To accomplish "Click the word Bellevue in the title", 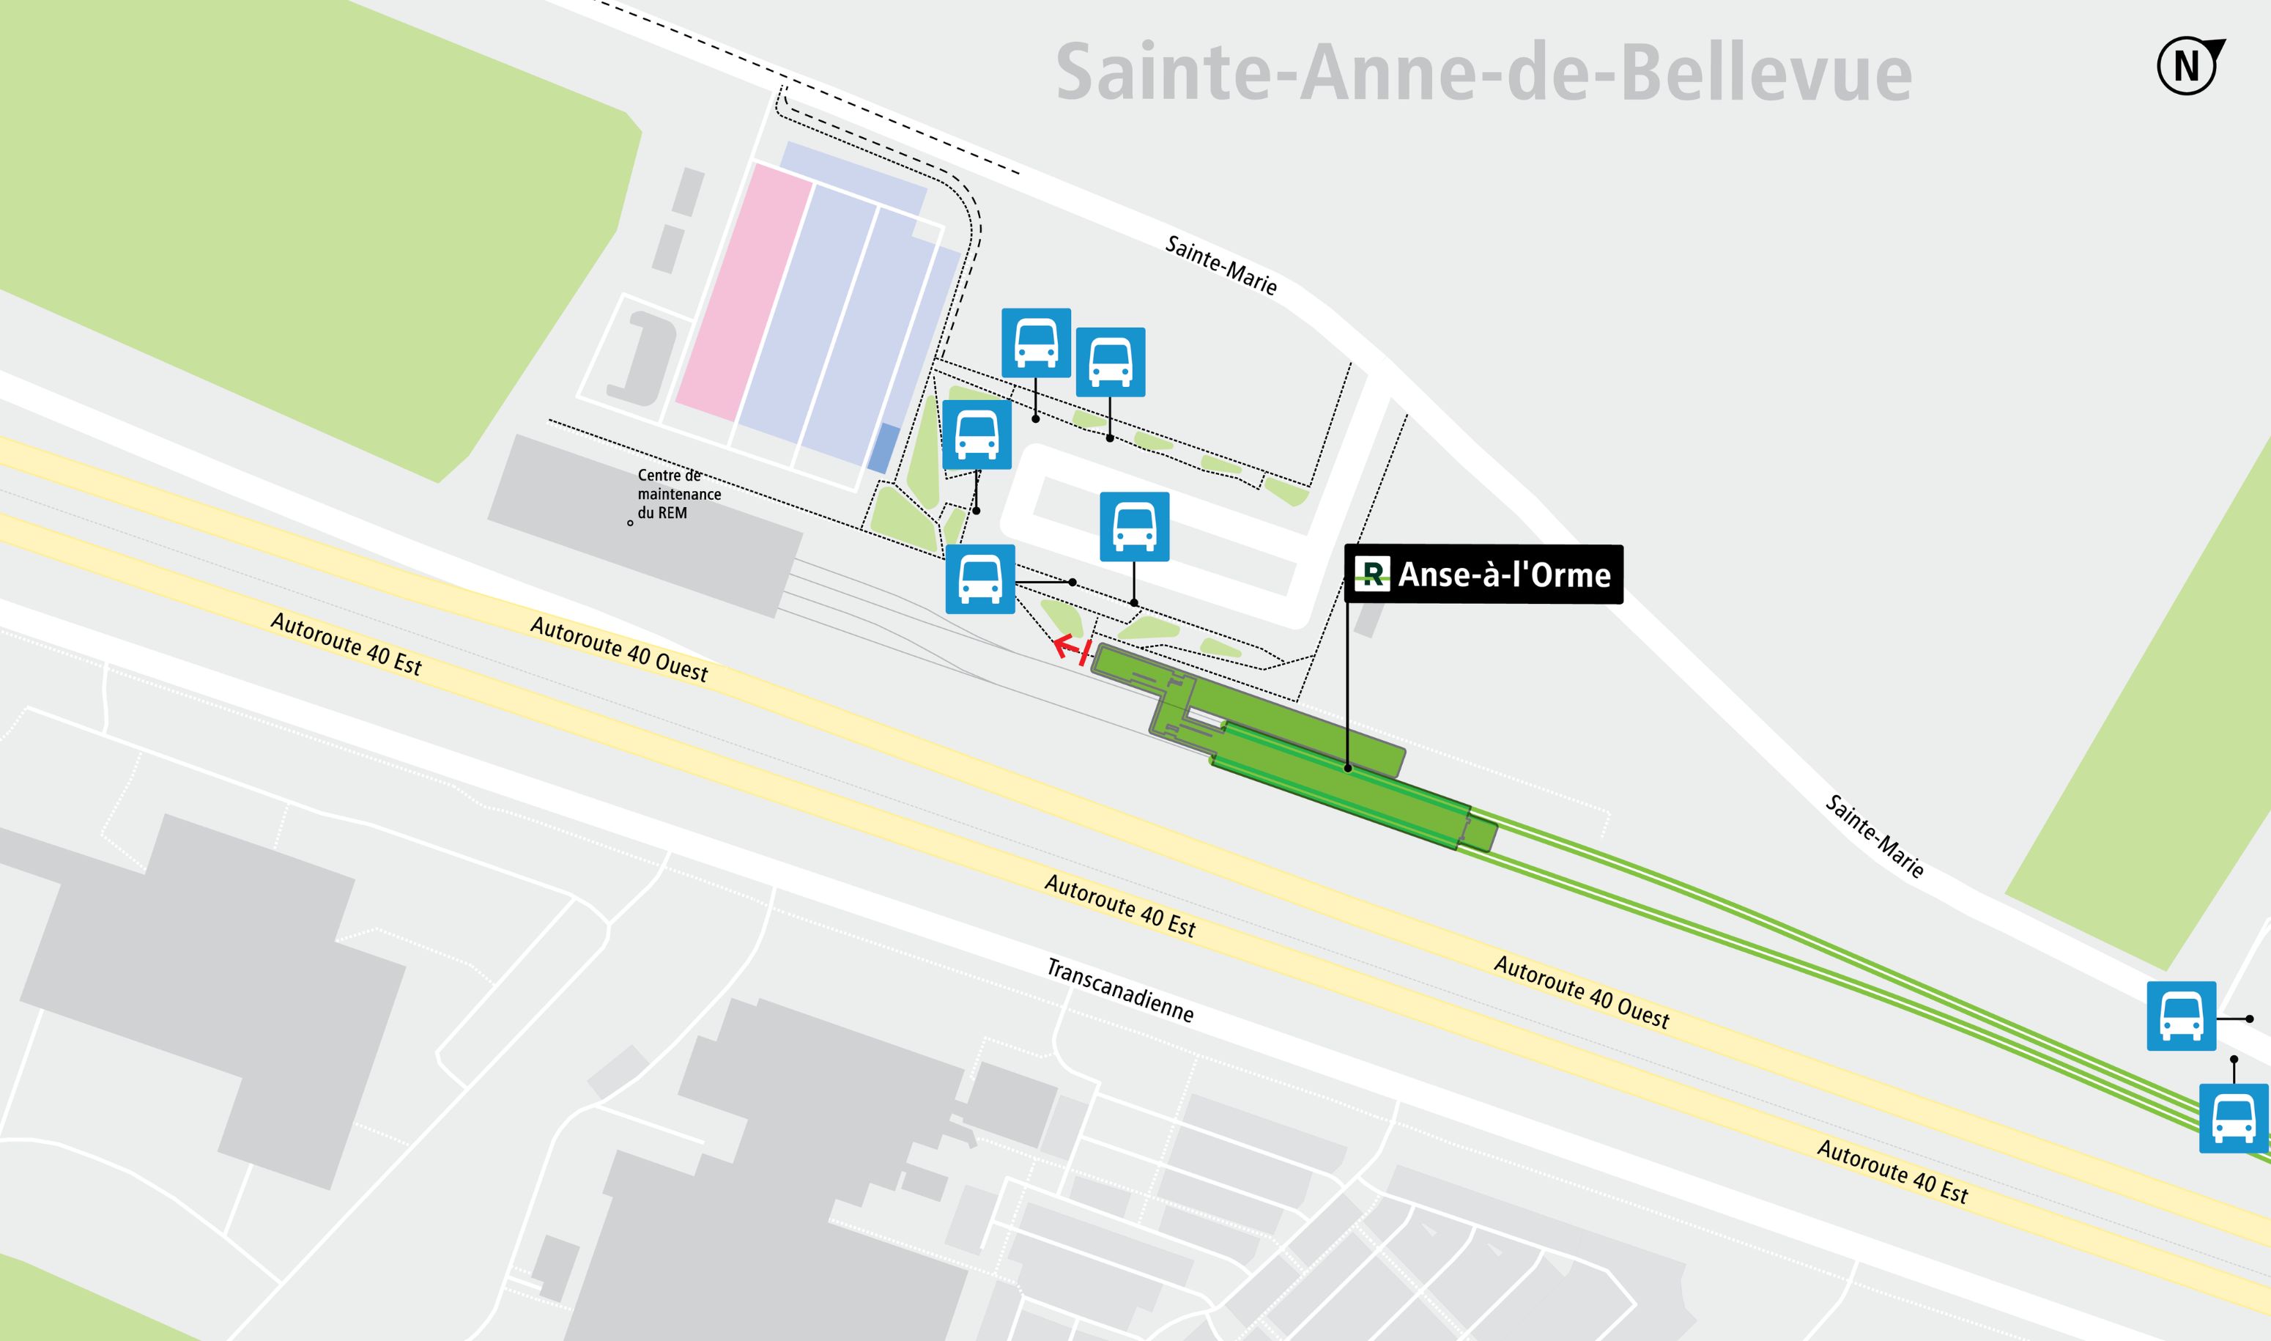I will (x=1766, y=73).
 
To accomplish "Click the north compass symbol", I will (x=2188, y=66).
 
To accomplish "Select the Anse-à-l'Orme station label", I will (x=1484, y=575).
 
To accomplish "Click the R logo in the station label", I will (x=1371, y=575).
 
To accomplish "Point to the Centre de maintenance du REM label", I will (x=678, y=495).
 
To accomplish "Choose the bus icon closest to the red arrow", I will (x=980, y=579).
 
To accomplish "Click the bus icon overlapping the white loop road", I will (x=1134, y=527).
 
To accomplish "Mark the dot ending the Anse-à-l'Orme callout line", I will (x=1348, y=768).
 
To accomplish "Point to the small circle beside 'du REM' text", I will (x=631, y=523).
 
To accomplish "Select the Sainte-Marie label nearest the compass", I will (x=1875, y=836).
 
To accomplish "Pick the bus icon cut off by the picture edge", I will (x=2233, y=1119).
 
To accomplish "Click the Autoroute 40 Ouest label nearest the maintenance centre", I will (x=619, y=649).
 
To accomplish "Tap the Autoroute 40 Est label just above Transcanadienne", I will (x=1119, y=906).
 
